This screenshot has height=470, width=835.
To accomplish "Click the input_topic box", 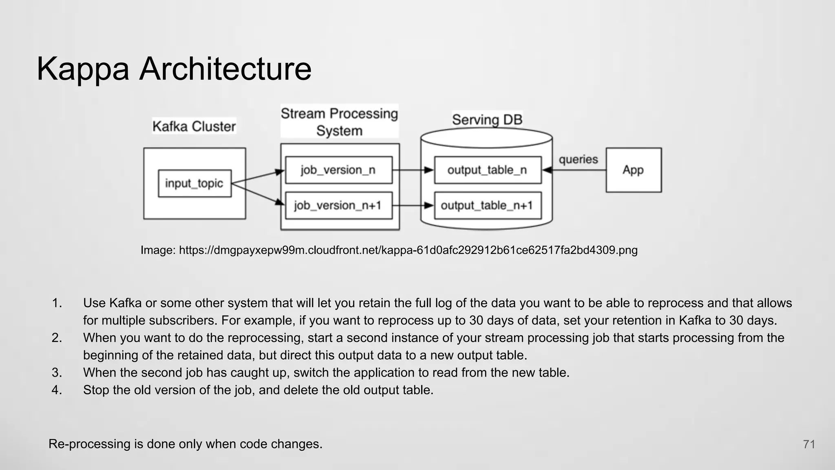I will (194, 184).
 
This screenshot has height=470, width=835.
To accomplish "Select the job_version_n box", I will (338, 170).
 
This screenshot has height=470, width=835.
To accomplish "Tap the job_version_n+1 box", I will (338, 205).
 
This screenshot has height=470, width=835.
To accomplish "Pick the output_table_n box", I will (488, 170).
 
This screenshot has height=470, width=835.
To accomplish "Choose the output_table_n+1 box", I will (488, 205).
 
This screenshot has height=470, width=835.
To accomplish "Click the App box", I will (634, 170).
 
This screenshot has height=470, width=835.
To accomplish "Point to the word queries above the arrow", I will (578, 159).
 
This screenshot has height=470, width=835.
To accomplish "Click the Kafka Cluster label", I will (194, 126).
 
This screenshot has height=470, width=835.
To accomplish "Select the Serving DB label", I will (487, 120).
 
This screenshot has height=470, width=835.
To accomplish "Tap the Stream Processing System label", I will (339, 122).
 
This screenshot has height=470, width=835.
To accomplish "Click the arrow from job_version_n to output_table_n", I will (413, 170).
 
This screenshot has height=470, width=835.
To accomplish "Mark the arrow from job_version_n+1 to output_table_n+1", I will (413, 205).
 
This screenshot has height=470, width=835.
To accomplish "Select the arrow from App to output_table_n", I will (574, 170).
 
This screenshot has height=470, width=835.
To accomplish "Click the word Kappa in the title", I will (83, 69).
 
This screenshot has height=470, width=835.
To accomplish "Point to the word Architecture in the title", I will (225, 69).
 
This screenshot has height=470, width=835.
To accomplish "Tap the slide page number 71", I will (809, 444).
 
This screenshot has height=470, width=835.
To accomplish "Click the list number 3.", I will (57, 372).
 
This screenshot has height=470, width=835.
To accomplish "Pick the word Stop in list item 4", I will (96, 390).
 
